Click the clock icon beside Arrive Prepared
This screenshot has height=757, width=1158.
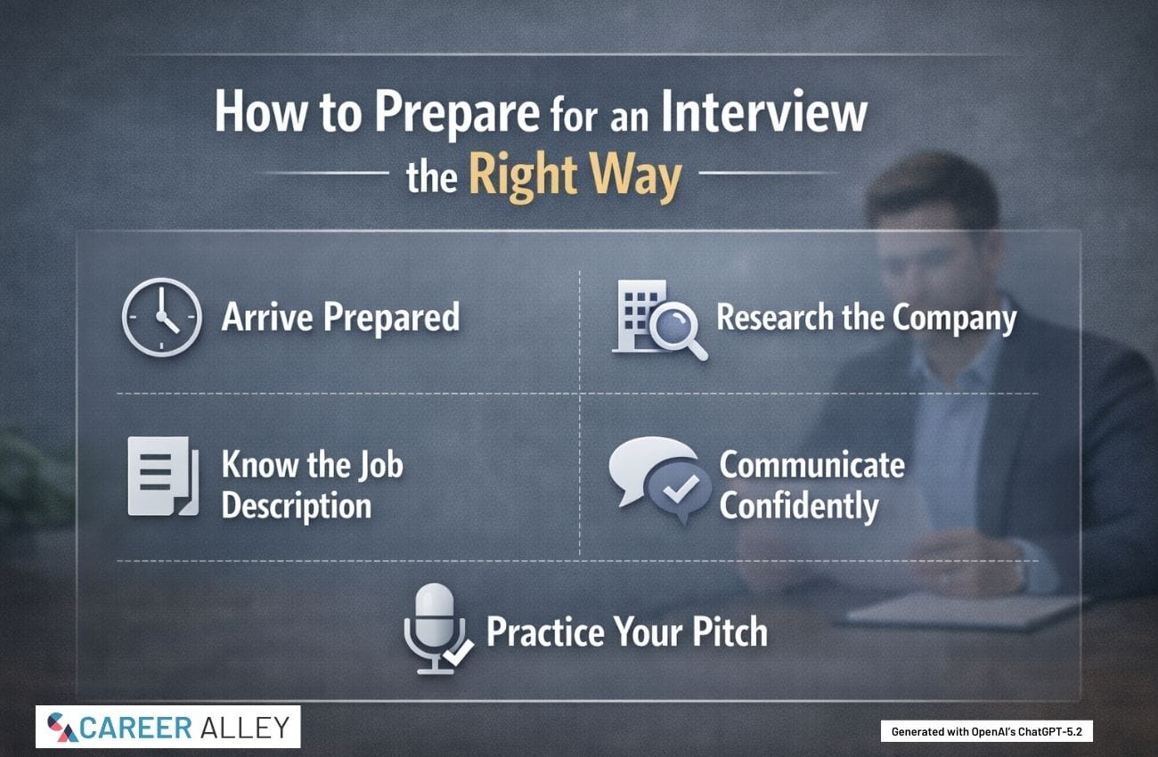pos(162,317)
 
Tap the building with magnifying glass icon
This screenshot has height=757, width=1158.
pos(660,320)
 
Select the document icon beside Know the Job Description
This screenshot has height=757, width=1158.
pos(163,476)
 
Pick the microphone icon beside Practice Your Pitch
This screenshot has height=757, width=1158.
pos(437,629)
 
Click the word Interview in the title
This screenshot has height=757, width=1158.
pos(764,112)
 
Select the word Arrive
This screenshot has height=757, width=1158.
pos(267,316)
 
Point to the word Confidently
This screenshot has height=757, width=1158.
pos(799,507)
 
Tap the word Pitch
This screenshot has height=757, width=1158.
pos(730,631)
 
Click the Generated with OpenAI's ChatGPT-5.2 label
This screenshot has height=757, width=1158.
pos(987,731)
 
